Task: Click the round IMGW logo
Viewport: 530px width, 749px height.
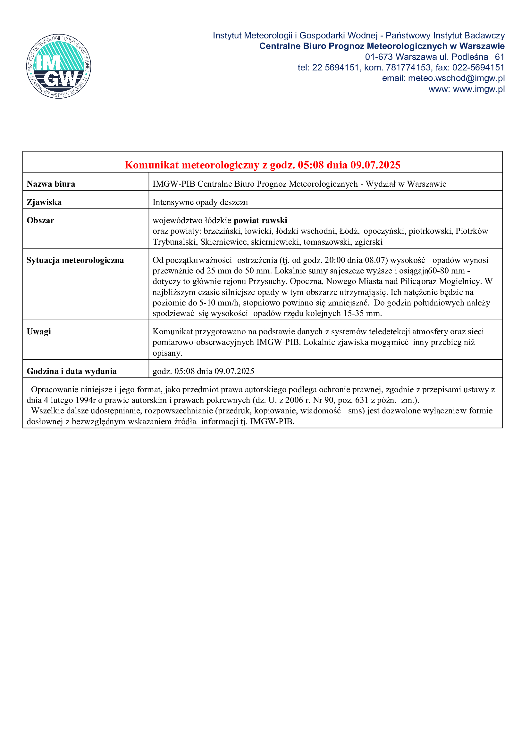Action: pos(59,66)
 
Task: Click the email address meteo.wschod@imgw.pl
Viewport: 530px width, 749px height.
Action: pos(456,78)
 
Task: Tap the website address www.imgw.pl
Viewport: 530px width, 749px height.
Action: pos(479,89)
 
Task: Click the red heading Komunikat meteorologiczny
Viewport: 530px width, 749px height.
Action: pos(262,165)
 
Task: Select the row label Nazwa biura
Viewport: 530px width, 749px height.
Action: pos(51,184)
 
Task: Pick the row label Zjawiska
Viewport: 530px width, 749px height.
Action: pos(44,202)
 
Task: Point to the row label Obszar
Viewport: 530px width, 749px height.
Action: pos(40,221)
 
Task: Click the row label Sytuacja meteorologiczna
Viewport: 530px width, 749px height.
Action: pos(75,260)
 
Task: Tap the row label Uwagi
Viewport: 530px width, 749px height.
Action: pos(39,332)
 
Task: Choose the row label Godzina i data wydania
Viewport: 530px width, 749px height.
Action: pos(72,371)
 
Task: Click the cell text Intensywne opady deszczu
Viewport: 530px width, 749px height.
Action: pos(200,202)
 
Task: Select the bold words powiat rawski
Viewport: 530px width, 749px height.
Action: pos(260,221)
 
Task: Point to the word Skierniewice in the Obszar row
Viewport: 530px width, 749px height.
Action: pos(223,242)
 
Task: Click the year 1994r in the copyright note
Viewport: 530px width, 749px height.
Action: pos(85,400)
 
